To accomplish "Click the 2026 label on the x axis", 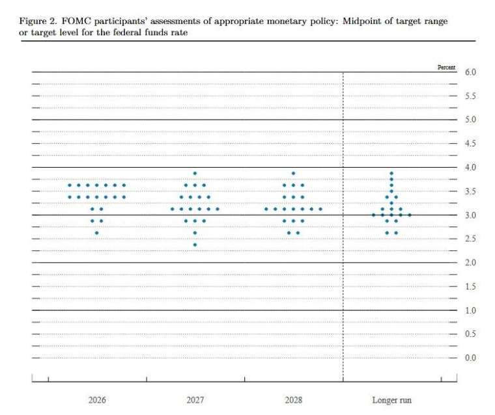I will click(97, 400).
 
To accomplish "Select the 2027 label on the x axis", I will click(195, 400).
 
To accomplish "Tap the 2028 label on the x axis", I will click(293, 400).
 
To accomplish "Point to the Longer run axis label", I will click(391, 400).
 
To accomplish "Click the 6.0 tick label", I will click(470, 72).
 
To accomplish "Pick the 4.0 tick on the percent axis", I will click(470, 168).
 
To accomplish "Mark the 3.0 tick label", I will click(470, 215).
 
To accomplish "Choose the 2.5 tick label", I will click(470, 239).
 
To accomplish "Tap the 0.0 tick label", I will click(470, 358).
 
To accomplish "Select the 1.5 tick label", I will click(470, 287).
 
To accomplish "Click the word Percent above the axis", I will click(447, 67).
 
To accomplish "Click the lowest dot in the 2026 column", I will click(97, 233).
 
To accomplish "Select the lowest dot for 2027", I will click(195, 245).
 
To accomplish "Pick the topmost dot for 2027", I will click(195, 173).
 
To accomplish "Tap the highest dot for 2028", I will click(293, 173).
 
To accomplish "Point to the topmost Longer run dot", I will click(391, 173).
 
